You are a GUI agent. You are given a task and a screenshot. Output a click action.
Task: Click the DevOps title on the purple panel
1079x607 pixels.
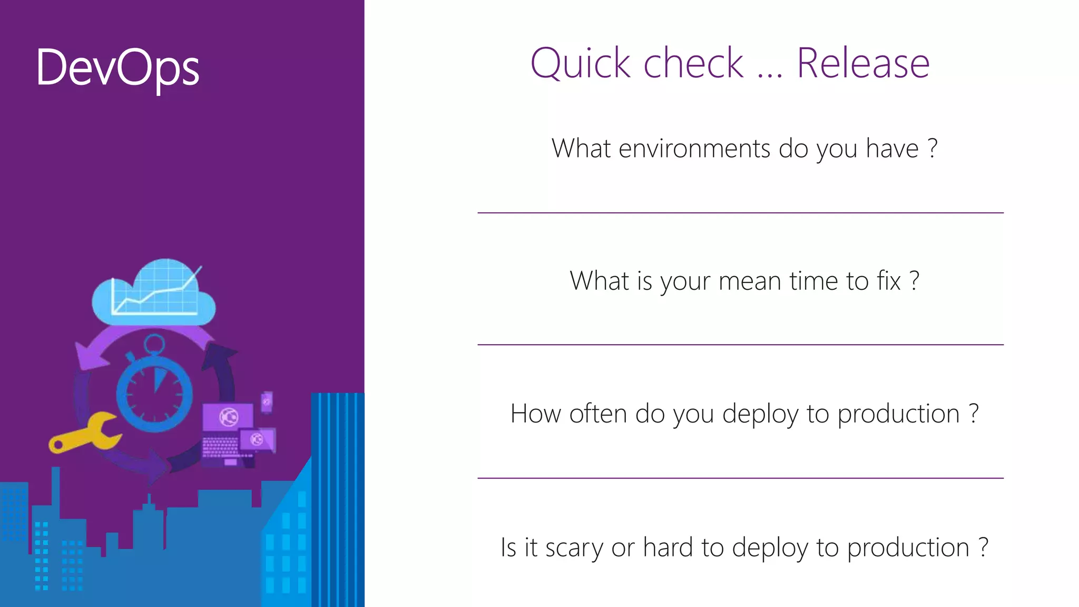coord(117,67)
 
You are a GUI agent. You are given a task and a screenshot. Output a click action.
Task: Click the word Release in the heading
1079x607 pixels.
coord(862,63)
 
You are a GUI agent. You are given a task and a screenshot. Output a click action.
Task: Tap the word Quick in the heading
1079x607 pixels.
coord(580,64)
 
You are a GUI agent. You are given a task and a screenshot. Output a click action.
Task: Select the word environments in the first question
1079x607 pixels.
coord(694,149)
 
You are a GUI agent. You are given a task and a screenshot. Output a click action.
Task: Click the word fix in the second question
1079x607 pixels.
coord(889,281)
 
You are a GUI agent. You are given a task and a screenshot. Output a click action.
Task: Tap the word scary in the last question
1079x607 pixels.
coord(574,547)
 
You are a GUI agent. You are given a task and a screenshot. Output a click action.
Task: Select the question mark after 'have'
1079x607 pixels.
coord(933,149)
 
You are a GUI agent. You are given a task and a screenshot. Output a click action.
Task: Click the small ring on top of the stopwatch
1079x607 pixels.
coord(154,345)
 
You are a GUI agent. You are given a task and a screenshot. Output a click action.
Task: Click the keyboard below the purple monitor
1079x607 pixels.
coord(220,448)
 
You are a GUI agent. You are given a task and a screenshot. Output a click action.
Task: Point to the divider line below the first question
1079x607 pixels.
coord(740,213)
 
